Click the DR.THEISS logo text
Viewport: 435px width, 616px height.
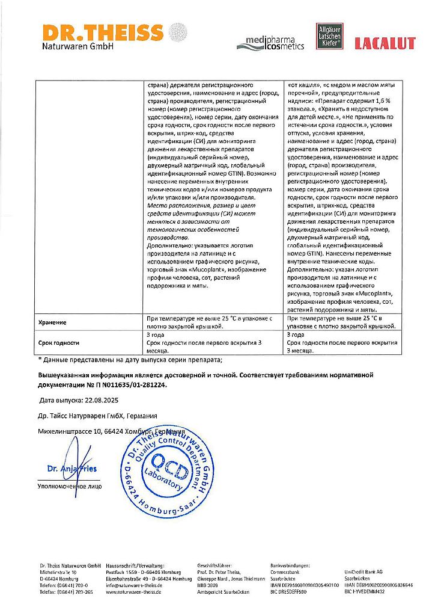(102, 32)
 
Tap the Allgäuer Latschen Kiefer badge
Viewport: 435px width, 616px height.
(329, 36)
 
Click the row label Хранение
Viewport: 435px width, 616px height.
(52, 322)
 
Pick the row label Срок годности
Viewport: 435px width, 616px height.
(58, 343)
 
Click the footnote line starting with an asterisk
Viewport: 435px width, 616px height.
(130, 360)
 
